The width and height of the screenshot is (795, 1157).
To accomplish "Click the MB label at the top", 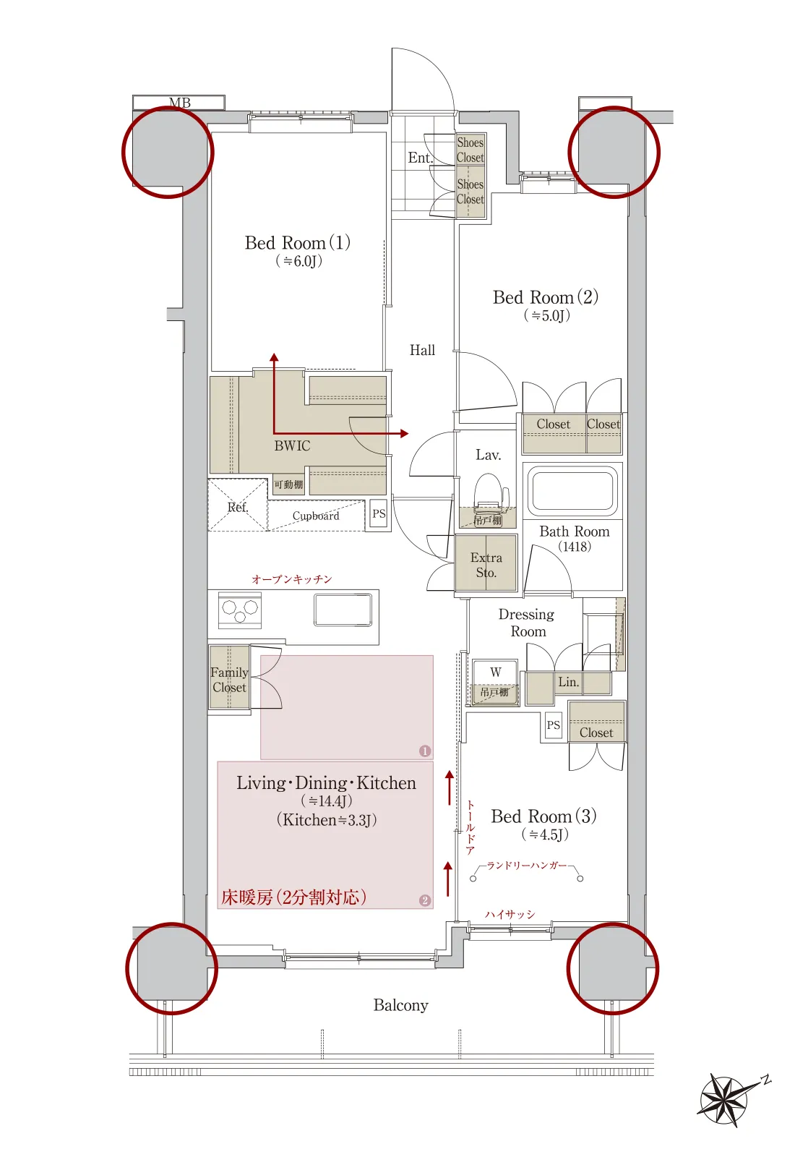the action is [x=180, y=103].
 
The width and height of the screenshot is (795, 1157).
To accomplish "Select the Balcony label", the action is [x=400, y=1005].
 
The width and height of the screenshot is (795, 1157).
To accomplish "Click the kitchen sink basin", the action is [x=343, y=610].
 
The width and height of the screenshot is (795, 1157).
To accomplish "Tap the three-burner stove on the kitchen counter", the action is [x=239, y=610].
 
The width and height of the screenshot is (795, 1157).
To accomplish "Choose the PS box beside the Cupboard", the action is [x=379, y=514].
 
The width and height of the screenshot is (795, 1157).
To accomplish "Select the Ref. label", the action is [x=238, y=507].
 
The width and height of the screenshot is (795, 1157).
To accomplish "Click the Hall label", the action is [x=422, y=350].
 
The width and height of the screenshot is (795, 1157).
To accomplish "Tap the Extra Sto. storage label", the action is [x=486, y=565].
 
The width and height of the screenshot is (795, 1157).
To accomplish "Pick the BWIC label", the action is [x=292, y=445].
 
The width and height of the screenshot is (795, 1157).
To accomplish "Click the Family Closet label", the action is [x=229, y=680].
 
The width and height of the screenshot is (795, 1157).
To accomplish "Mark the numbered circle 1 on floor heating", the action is [x=425, y=751].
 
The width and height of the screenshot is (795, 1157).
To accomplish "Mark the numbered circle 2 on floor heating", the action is [x=425, y=900].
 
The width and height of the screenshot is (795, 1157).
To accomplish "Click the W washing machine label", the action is [x=496, y=672].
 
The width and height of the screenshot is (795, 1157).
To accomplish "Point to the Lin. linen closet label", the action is [x=568, y=682].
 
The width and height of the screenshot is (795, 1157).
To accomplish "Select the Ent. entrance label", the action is [x=421, y=158].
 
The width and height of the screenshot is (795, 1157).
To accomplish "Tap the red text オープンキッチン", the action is [x=292, y=579].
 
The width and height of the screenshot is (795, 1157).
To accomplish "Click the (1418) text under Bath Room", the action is [x=575, y=547].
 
